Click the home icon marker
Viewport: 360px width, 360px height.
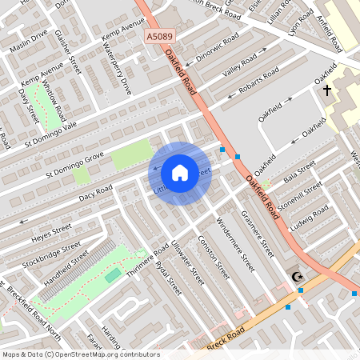tap(180, 173)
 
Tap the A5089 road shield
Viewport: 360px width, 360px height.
tap(159, 37)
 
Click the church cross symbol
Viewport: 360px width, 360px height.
tap(327, 90)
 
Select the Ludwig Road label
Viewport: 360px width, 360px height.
tap(310, 215)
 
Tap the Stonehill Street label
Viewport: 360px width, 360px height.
tap(301, 193)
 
